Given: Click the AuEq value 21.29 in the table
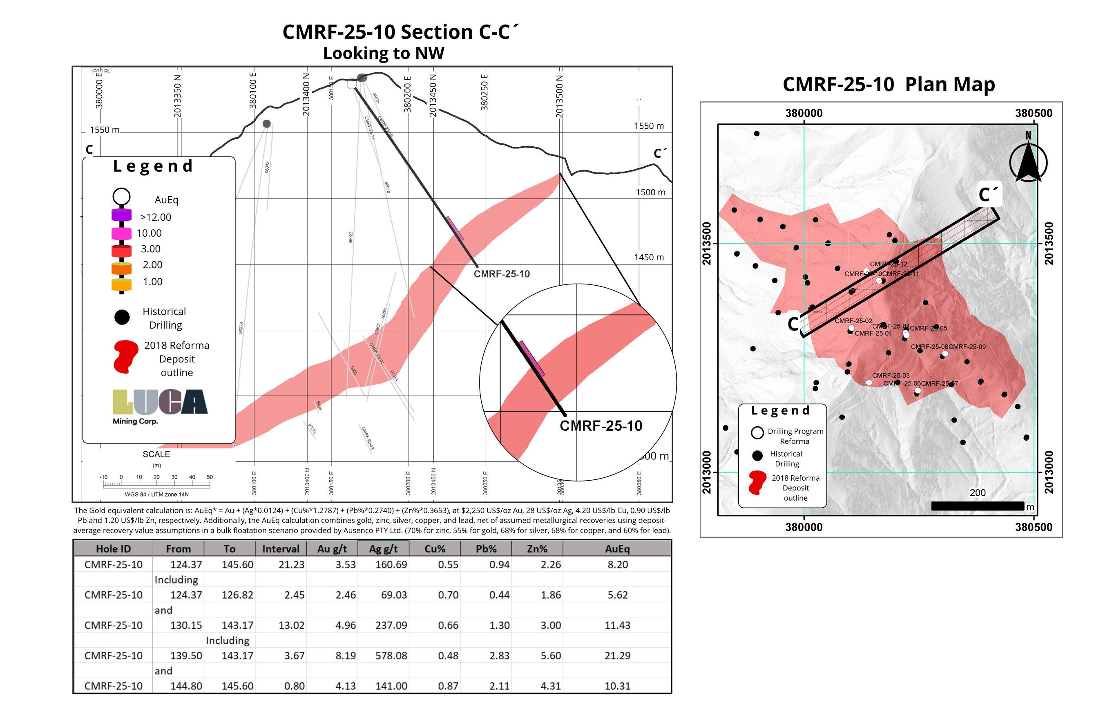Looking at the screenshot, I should tap(617, 656).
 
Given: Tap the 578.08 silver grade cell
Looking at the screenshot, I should tap(391, 656).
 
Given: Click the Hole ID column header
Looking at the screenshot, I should tap(113, 549).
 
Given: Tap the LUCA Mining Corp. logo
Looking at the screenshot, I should tap(159, 406).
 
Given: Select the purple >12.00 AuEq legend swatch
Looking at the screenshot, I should tap(121, 216).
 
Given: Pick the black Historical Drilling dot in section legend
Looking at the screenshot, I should tap(122, 317).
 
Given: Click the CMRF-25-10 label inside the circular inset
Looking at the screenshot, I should tap(601, 425).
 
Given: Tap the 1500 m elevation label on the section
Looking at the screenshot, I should tap(650, 192).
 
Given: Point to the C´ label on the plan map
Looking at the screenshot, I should tap(988, 195).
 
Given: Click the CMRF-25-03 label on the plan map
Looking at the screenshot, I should tap(891, 376).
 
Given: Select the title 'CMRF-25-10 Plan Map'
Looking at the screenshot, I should tap(889, 84).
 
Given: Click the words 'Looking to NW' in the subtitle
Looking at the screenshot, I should tap(383, 53).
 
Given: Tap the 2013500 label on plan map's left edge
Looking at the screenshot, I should tap(707, 244).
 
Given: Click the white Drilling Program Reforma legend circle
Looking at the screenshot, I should tap(757, 432).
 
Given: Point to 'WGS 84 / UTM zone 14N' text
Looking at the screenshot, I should tap(156, 494).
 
